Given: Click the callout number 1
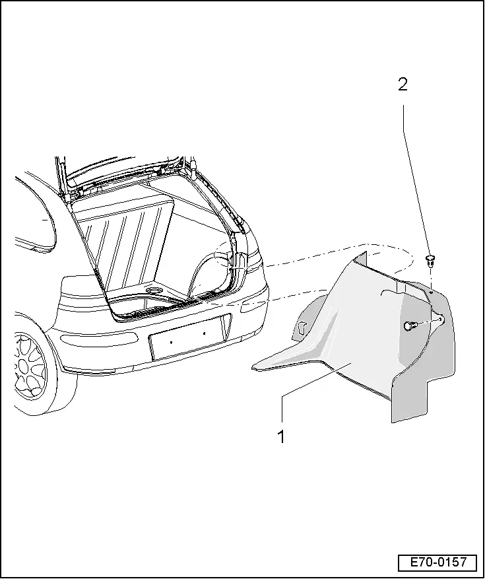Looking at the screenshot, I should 281,436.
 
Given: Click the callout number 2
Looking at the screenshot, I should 402,85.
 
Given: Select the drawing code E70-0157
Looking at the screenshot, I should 437,562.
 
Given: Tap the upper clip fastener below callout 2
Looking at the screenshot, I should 431,259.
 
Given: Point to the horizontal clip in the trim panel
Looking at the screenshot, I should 410,325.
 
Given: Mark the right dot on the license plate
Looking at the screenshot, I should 204,334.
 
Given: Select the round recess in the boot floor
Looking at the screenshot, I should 156,290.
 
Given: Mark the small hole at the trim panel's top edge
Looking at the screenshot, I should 430,289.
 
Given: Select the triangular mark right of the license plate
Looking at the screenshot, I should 226,325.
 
